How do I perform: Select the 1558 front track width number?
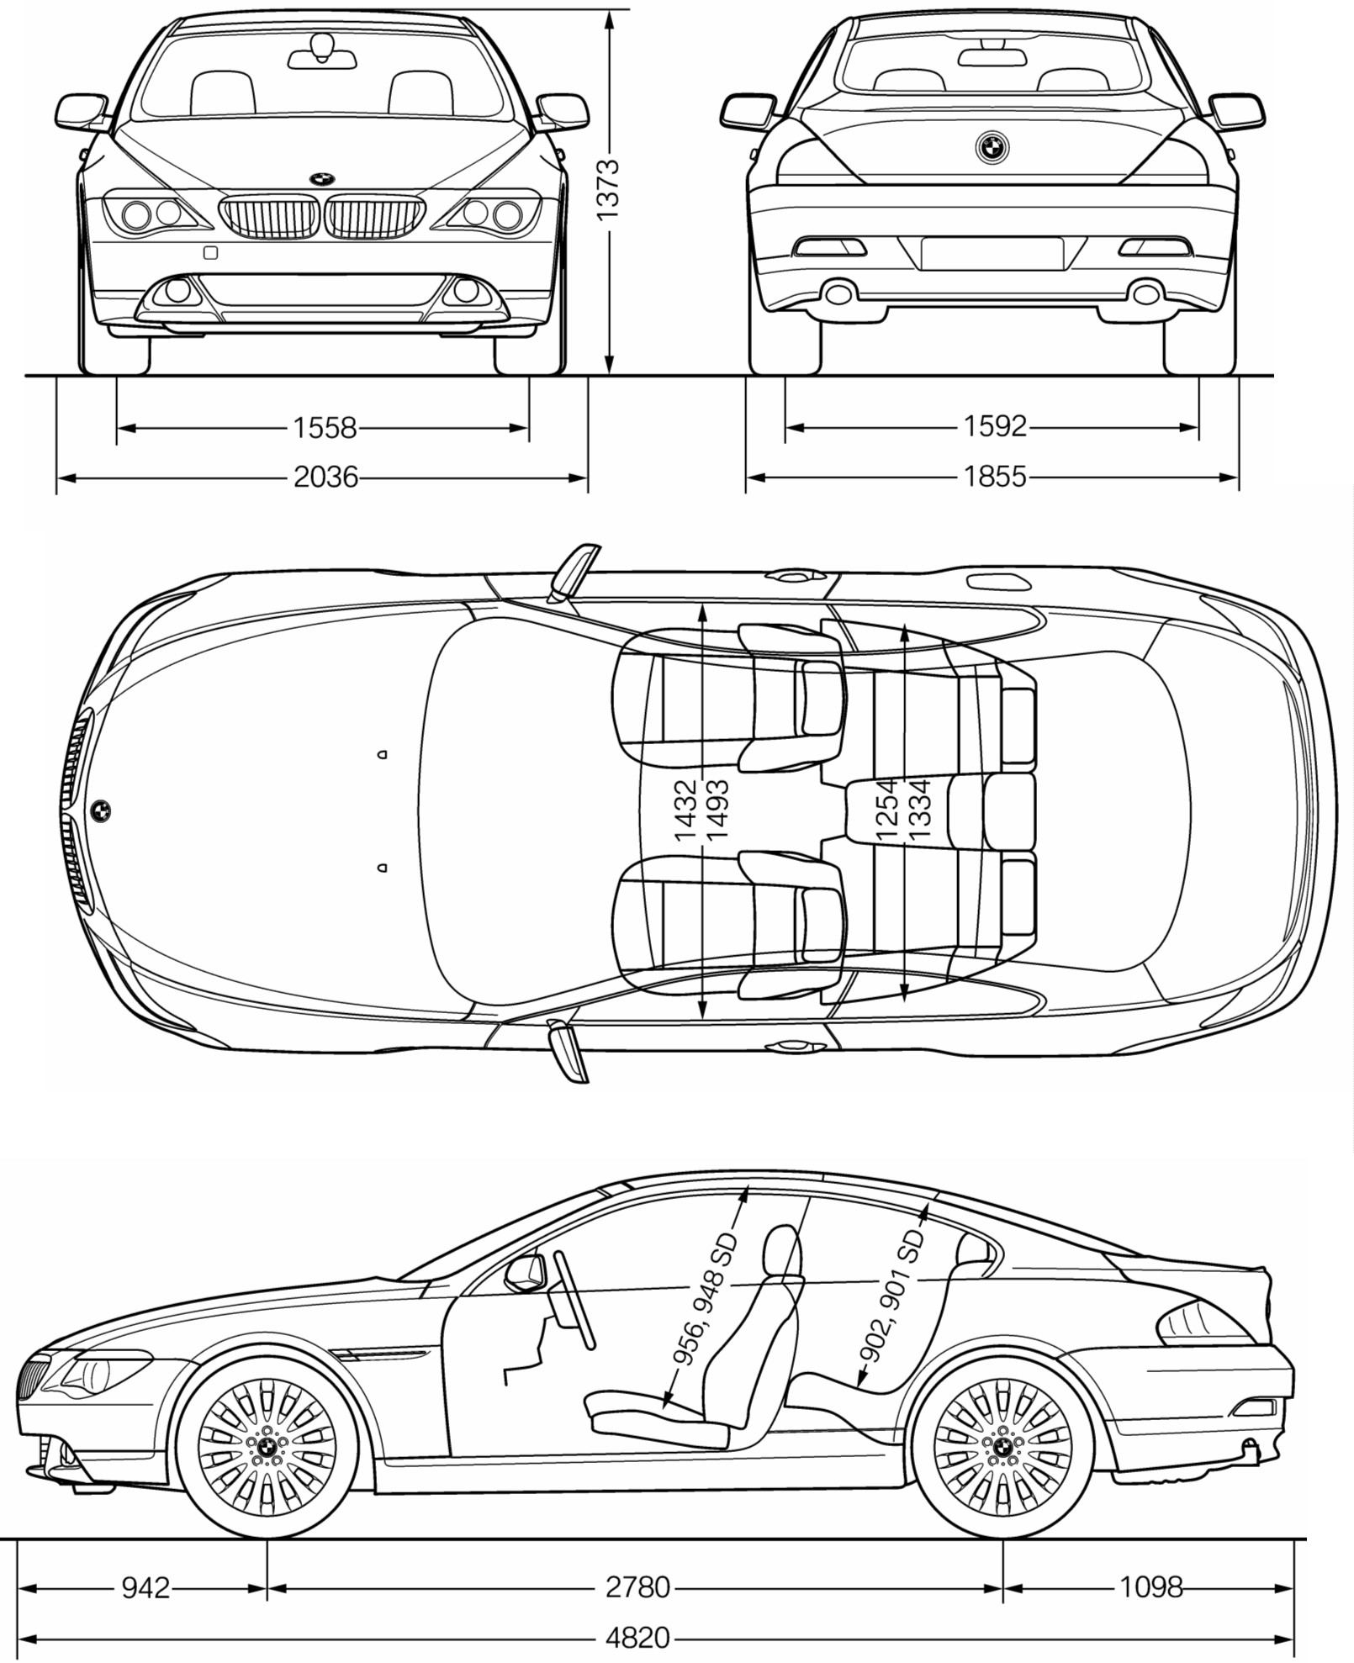(325, 428)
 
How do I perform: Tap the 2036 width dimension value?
(325, 478)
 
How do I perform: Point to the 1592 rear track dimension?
(994, 427)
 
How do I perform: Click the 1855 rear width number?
(994, 477)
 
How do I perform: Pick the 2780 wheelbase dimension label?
(637, 1587)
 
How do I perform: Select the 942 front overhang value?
(145, 1587)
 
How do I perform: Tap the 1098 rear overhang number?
(1150, 1587)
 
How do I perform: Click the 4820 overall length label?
(637, 1638)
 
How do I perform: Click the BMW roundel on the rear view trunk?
(992, 148)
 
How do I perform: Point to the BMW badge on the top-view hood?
(100, 810)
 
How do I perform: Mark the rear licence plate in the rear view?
(992, 254)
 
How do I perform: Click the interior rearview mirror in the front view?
(322, 57)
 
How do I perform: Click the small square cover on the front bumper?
(210, 251)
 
